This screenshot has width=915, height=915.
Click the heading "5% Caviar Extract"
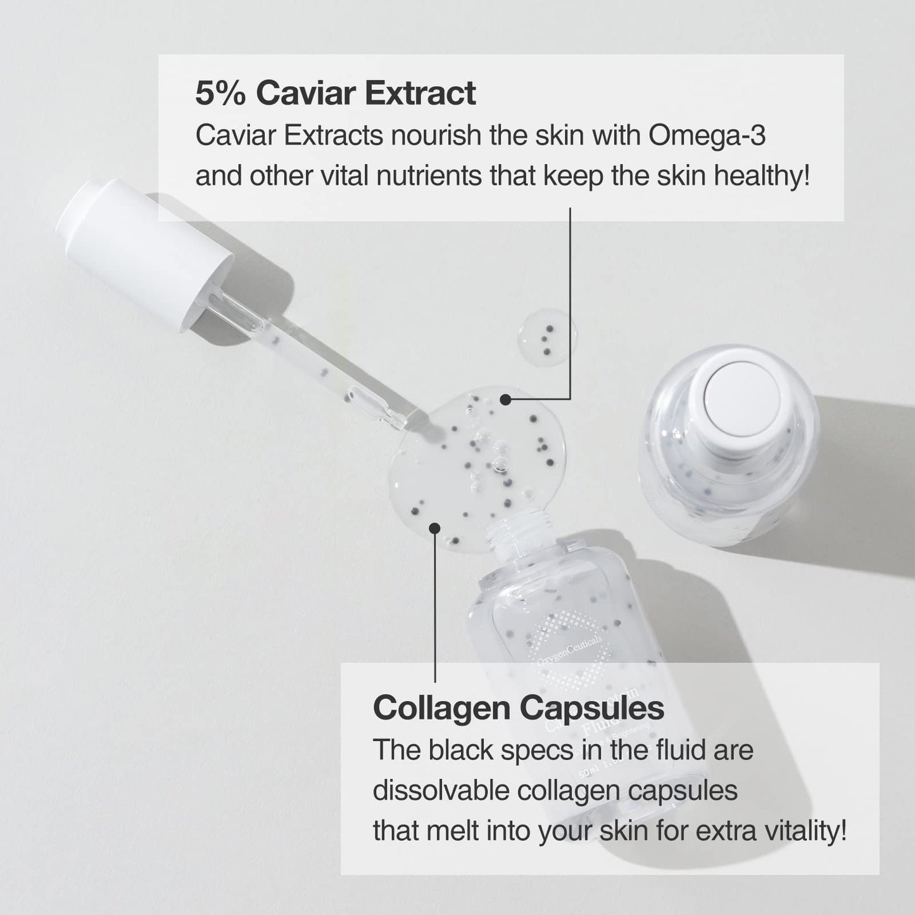pyautogui.click(x=335, y=94)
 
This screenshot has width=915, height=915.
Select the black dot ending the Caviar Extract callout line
pyautogui.click(x=505, y=399)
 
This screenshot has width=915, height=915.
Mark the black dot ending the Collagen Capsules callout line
pyautogui.click(x=434, y=527)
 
